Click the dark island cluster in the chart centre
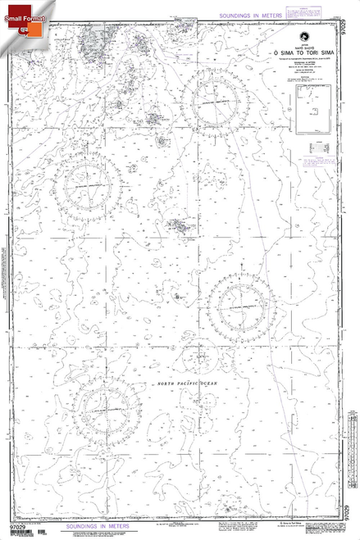[178, 225]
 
